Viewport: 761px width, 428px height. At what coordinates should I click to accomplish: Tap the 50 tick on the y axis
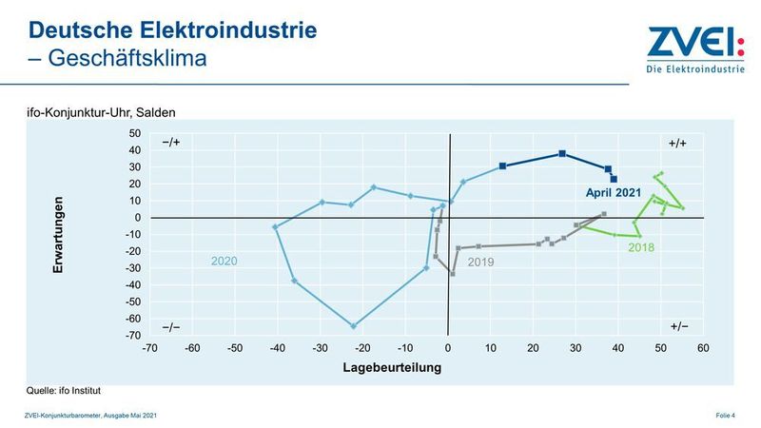pyautogui.click(x=135, y=133)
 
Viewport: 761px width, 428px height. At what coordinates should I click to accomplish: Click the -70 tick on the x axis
pyautogui.click(x=149, y=348)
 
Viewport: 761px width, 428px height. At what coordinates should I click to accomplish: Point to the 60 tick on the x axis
pyautogui.click(x=704, y=348)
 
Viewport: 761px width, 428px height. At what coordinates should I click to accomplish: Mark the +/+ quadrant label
pyautogui.click(x=678, y=143)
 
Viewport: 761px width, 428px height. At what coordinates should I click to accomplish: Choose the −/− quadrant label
pyautogui.click(x=171, y=326)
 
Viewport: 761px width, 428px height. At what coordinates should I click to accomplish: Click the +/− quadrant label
pyautogui.click(x=678, y=326)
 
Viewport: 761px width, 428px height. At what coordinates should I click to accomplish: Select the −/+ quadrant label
pyautogui.click(x=171, y=143)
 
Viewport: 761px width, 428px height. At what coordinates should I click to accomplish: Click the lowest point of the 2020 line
pyautogui.click(x=354, y=326)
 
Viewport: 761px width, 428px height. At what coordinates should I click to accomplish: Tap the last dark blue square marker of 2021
pyautogui.click(x=614, y=179)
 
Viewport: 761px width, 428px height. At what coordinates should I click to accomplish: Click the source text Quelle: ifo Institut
pyautogui.click(x=64, y=390)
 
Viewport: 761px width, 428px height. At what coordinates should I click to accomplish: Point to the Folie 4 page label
pyautogui.click(x=727, y=415)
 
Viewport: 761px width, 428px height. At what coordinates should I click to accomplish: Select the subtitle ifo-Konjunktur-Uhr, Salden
pyautogui.click(x=101, y=112)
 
